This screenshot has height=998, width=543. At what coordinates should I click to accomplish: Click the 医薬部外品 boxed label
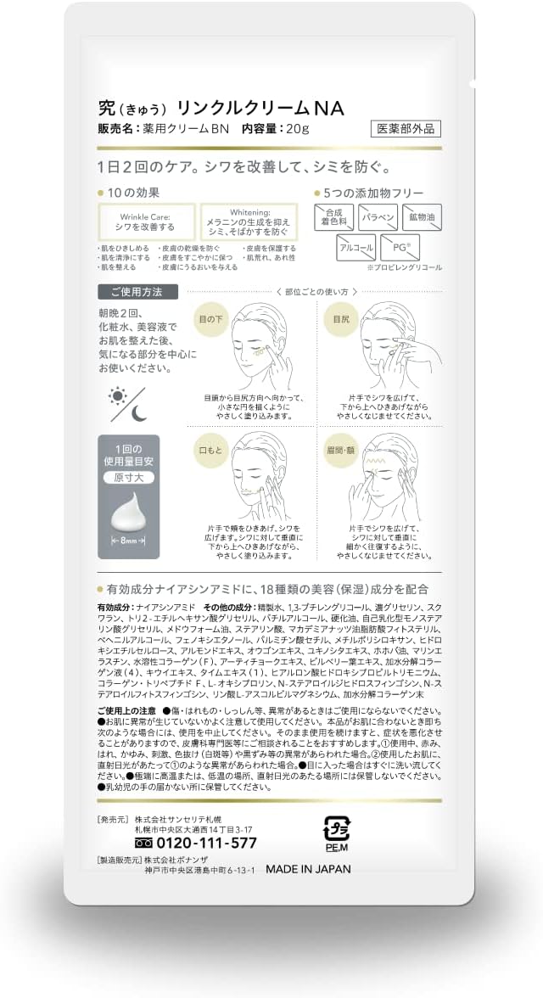[x=406, y=129]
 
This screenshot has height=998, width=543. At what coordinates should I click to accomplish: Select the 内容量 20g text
[x=275, y=130]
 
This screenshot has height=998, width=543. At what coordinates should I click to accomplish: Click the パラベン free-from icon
[x=377, y=219]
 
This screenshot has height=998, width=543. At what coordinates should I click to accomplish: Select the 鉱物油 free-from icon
[x=421, y=219]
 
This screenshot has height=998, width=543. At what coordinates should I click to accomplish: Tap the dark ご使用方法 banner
[x=137, y=291]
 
